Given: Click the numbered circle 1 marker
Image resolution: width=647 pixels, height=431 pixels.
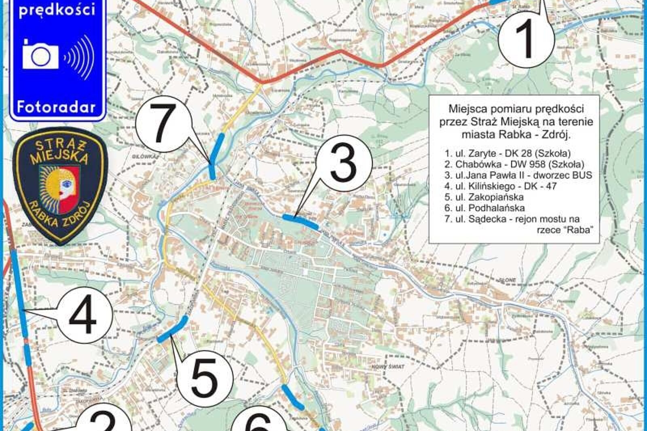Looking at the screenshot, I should click(526, 40).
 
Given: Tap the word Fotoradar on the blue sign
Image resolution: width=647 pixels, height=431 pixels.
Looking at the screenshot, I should click(56, 107).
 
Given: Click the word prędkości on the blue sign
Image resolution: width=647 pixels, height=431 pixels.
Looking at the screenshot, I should click(57, 9).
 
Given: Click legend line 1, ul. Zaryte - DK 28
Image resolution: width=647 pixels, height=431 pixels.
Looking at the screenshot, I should click(507, 153).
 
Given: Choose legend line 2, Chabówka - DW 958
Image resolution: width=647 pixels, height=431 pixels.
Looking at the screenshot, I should click(514, 164).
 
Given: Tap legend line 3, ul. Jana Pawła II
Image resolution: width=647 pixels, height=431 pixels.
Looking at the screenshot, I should click(518, 175).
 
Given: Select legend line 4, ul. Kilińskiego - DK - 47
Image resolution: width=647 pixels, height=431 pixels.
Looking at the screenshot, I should click(500, 186).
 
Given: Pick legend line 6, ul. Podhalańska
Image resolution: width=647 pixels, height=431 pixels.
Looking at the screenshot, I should click(484, 208).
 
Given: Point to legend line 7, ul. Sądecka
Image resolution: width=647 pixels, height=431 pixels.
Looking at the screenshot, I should click(512, 219).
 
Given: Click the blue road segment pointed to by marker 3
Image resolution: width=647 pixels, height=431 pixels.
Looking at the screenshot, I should click(300, 220).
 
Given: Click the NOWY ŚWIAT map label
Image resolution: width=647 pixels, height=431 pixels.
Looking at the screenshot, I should click(388, 367).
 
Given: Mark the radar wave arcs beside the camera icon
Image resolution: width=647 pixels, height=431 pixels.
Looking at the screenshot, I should click(80, 57).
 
